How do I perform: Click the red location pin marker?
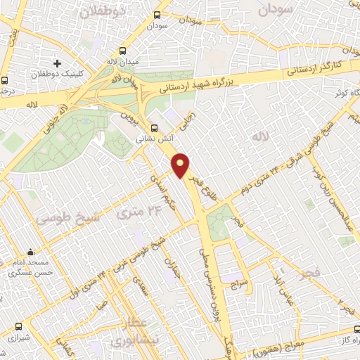pyautogui.click(x=181, y=165)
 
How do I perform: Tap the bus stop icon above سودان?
pyautogui.click(x=157, y=14)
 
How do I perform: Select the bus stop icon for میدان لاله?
pyautogui.click(x=123, y=51)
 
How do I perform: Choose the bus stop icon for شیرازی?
pyautogui.click(x=18, y=327)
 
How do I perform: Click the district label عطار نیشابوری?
pyautogui.click(x=133, y=332)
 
